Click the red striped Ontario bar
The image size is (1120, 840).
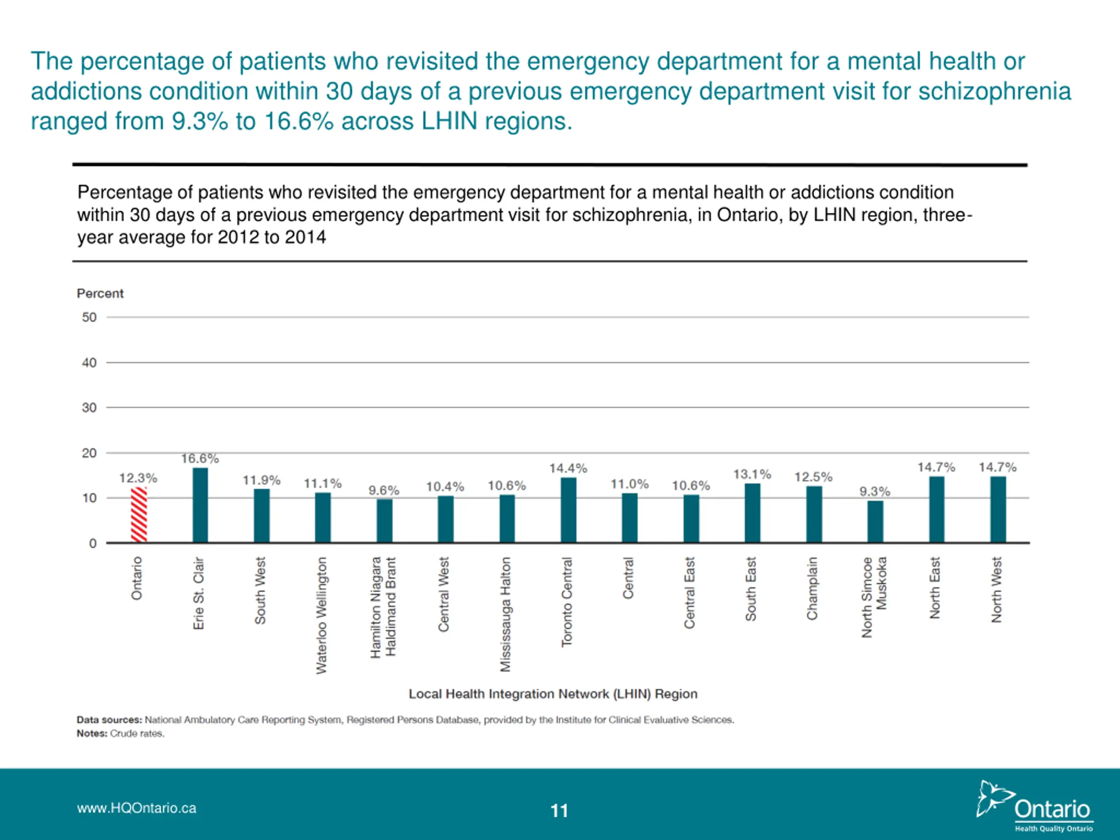click(139, 515)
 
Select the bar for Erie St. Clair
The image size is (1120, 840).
click(200, 505)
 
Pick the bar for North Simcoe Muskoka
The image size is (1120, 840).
click(875, 522)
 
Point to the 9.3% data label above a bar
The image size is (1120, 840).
click(875, 492)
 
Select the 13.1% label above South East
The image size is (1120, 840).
click(752, 474)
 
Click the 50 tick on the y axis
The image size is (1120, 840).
click(89, 318)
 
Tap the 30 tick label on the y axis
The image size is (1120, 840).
click(89, 408)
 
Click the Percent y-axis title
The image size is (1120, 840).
click(100, 294)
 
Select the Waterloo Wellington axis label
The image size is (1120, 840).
click(322, 616)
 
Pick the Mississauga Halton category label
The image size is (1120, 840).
click(506, 615)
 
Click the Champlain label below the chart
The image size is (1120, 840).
click(812, 588)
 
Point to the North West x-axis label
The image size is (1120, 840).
click(997, 590)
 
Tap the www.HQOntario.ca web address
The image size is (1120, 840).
click(136, 808)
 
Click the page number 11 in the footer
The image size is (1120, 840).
click(560, 811)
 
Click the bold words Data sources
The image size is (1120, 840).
click(109, 720)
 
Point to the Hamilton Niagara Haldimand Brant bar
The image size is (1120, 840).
click(384, 521)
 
